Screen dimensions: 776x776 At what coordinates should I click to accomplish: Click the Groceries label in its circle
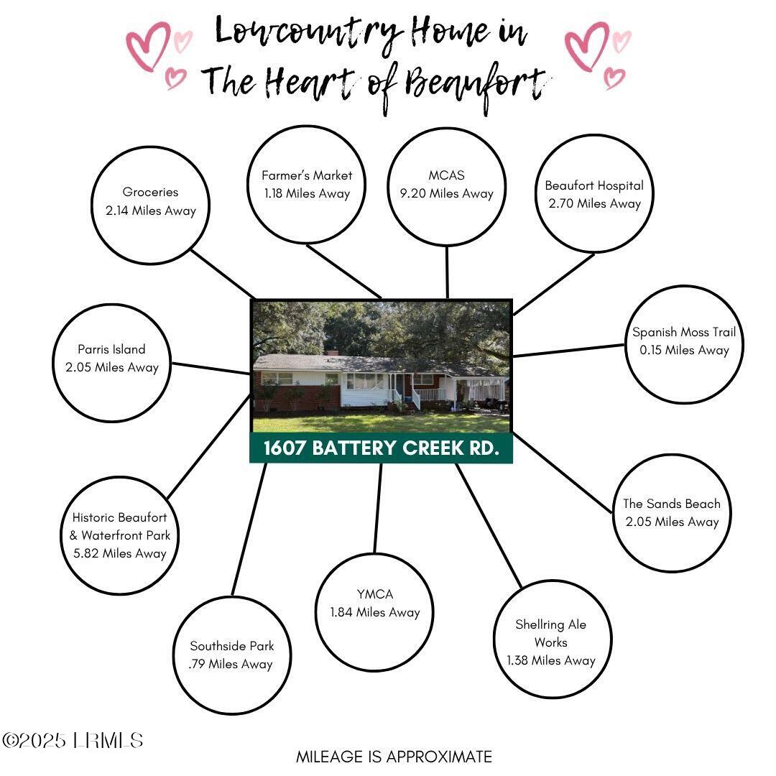coord(150,192)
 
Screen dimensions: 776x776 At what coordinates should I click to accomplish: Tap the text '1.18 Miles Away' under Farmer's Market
coord(307,193)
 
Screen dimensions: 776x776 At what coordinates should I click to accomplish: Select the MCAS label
coord(446,175)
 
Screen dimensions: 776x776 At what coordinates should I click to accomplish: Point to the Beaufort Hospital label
coord(594,185)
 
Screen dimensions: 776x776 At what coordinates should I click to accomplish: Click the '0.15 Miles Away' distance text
coord(685,350)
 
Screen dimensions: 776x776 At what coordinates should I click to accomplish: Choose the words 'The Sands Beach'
coord(672,503)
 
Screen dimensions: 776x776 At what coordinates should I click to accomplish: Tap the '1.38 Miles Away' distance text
coord(551,660)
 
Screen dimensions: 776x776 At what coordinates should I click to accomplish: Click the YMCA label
coord(374,594)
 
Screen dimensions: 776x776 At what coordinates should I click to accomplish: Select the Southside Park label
coord(231,646)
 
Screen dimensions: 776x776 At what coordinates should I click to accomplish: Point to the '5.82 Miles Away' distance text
coord(120,553)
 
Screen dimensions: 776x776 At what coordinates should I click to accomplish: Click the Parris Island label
coord(111,349)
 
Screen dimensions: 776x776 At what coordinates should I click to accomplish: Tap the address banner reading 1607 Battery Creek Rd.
coord(381,448)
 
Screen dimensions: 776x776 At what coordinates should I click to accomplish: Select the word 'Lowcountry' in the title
coord(307,32)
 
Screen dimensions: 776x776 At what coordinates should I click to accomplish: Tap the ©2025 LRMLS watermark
coord(73,740)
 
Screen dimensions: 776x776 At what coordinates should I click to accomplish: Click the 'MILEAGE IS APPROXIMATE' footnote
coord(394,757)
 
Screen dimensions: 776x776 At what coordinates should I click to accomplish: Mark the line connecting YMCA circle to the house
coord(378,508)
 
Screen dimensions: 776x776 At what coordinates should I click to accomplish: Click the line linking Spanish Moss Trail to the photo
coord(568,351)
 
